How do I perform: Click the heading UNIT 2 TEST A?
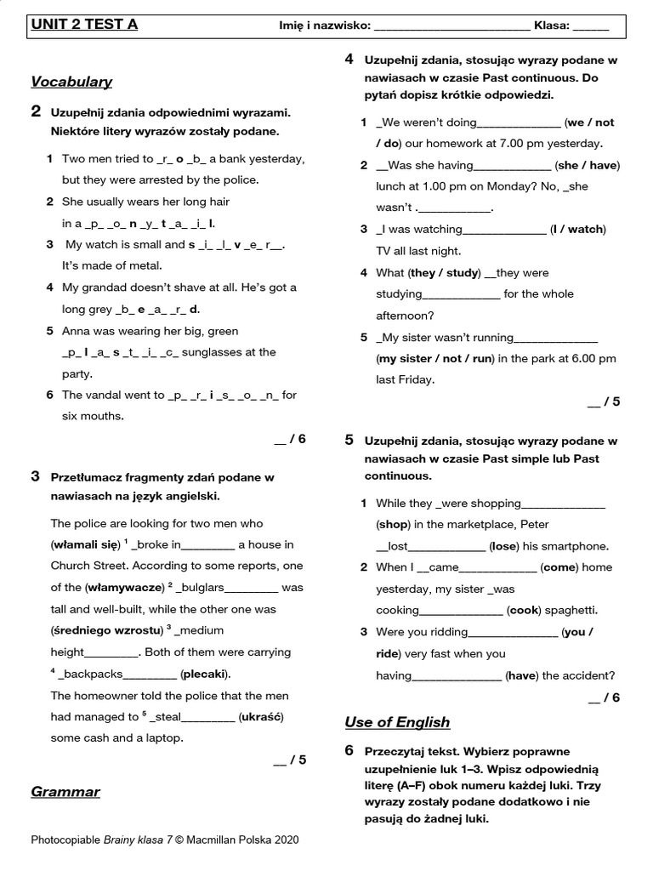point(84,25)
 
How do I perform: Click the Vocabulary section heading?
point(71,82)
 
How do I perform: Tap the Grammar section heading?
point(65,792)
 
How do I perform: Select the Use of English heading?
point(397,722)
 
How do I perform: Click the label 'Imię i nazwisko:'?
point(325,26)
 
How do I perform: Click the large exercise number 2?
point(36,111)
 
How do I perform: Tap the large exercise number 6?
point(349,750)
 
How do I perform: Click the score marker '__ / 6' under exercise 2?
point(289,439)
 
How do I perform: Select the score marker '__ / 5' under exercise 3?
point(289,760)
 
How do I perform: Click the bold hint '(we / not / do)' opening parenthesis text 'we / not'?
point(590,122)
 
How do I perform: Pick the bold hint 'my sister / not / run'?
point(434,359)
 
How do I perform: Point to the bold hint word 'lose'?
point(505,546)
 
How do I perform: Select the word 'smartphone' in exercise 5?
point(579,546)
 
